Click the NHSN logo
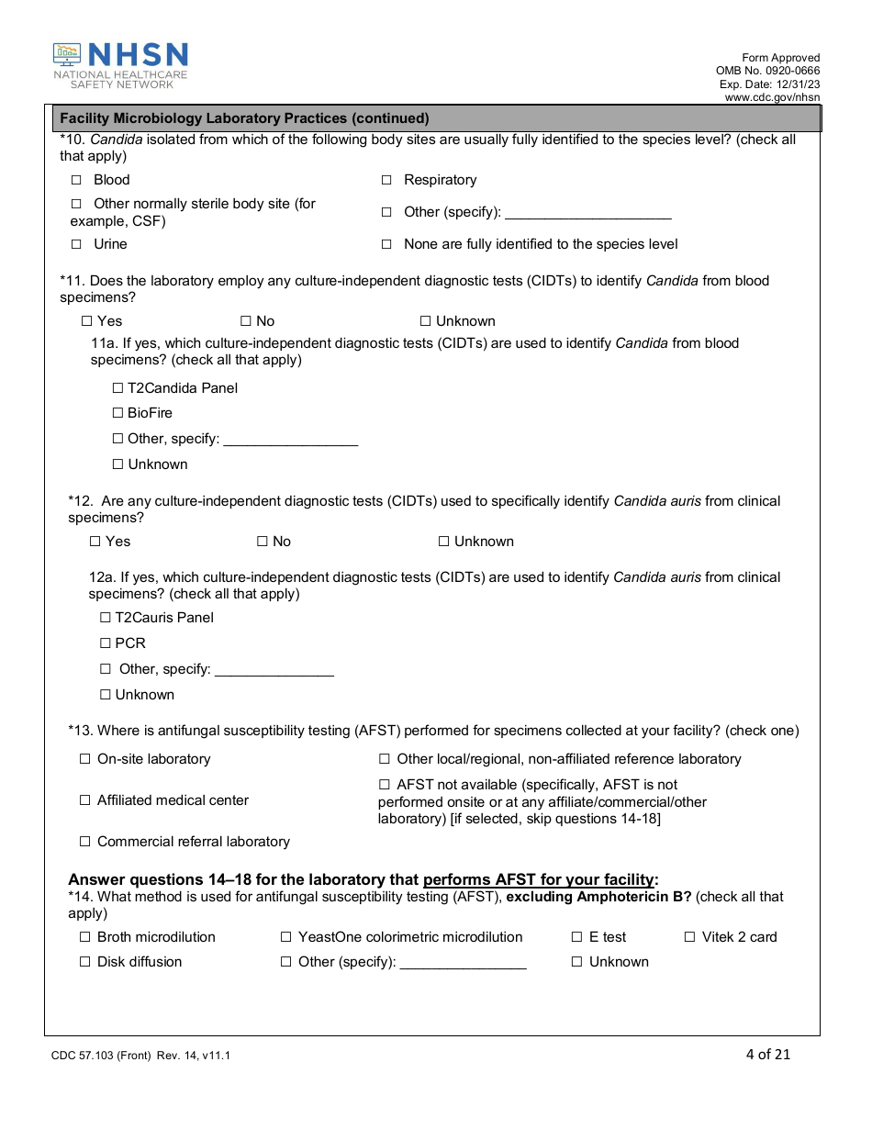tap(120, 65)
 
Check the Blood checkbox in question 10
tap(77, 180)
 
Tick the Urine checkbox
tap(77, 244)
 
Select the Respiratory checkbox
tap(386, 180)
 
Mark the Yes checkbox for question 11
tap(87, 321)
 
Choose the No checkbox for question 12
tap(263, 542)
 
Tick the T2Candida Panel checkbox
tap(117, 388)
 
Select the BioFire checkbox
tap(117, 413)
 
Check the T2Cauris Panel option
tap(106, 618)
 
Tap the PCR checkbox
tap(106, 643)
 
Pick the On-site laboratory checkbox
tap(85, 759)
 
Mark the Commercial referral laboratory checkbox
tap(85, 842)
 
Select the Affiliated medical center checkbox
tap(85, 800)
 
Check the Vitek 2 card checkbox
tap(690, 937)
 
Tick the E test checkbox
tap(577, 937)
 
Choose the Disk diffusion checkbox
tap(85, 962)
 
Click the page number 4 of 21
tap(767, 1054)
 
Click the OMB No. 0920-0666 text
tap(767, 71)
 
